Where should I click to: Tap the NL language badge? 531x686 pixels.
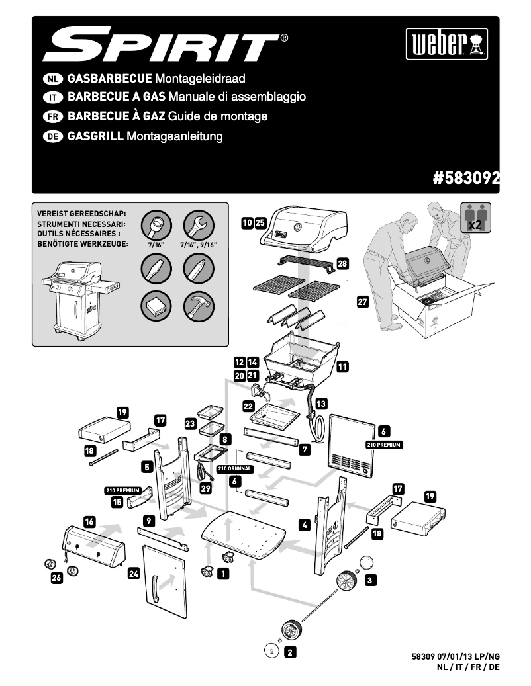(x=52, y=79)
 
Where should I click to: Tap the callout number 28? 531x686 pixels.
(x=342, y=264)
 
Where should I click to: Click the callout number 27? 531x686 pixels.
(x=362, y=302)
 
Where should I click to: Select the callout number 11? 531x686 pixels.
(x=342, y=365)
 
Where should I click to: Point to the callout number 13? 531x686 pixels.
(x=320, y=403)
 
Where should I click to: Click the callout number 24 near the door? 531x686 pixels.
(x=134, y=574)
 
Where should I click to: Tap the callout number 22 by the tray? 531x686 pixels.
(x=248, y=406)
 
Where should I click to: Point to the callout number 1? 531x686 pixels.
(x=224, y=574)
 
